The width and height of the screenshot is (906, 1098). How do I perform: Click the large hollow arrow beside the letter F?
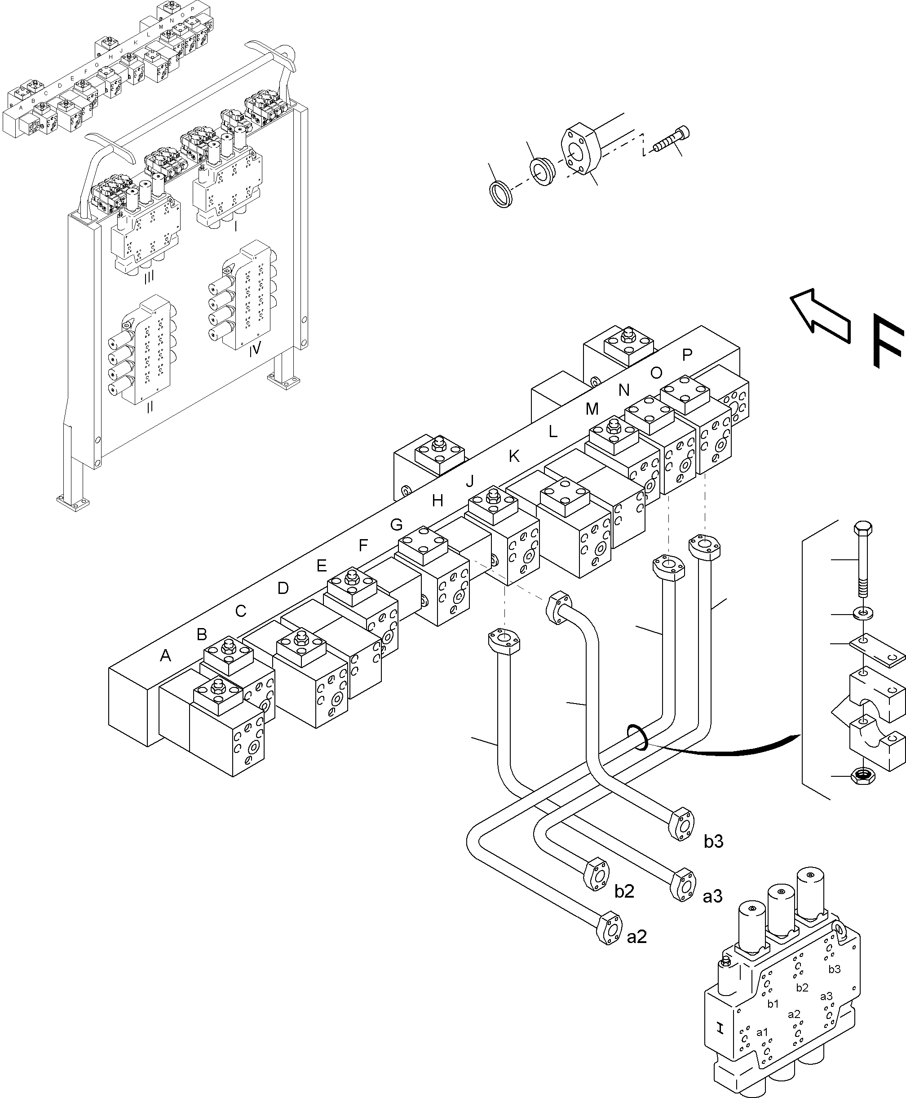click(x=819, y=316)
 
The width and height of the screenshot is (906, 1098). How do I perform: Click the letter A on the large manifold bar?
click(x=165, y=656)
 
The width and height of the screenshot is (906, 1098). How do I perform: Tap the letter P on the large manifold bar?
click(x=687, y=355)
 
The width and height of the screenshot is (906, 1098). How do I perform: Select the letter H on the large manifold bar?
click(x=438, y=501)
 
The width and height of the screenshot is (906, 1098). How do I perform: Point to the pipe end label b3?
click(x=713, y=842)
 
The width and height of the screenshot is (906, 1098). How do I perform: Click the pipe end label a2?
click(x=636, y=937)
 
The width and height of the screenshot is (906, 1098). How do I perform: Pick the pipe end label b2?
click(x=624, y=891)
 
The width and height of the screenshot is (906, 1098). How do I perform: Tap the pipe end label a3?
click(x=712, y=897)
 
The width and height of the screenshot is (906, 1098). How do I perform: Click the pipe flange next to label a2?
click(x=609, y=928)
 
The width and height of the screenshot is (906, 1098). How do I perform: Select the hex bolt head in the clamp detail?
click(x=863, y=528)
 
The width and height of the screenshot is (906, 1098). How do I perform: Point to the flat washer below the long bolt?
click(x=863, y=611)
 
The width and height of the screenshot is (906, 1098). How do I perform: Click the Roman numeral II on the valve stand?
click(x=150, y=407)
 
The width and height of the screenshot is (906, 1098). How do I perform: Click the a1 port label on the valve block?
click(x=762, y=1032)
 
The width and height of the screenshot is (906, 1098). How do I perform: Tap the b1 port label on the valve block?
click(x=773, y=1004)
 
